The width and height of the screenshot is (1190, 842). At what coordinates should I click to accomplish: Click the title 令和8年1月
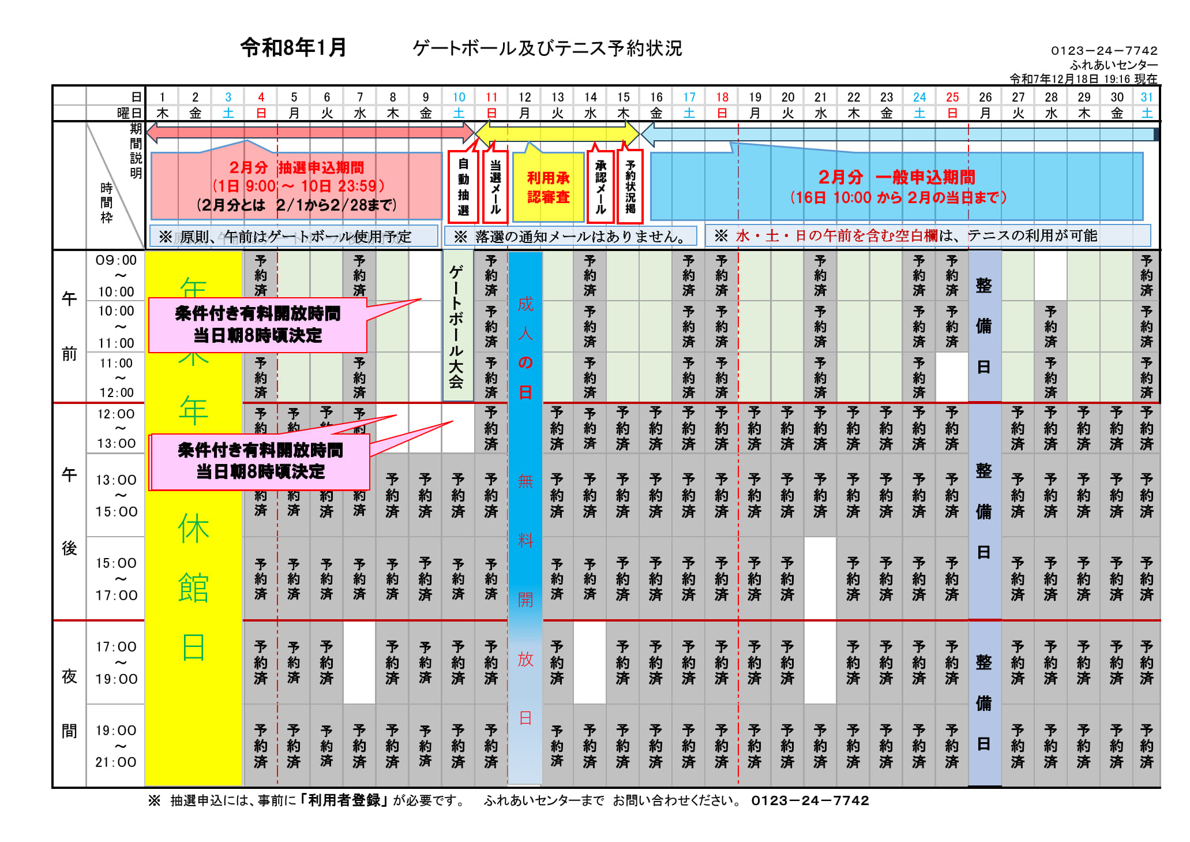[x=293, y=47]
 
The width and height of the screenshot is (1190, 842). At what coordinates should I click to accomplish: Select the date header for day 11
[x=491, y=97]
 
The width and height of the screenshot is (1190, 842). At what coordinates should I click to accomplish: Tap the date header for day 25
[x=952, y=97]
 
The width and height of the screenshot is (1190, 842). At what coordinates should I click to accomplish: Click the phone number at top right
[x=1104, y=51]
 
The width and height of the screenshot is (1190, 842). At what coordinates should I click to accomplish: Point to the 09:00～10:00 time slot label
[x=117, y=276]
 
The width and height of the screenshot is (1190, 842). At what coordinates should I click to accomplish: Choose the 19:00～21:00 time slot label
[x=117, y=746]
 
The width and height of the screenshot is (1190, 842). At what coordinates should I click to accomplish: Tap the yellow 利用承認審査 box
[x=548, y=188]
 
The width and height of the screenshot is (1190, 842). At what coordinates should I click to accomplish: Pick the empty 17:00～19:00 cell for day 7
[x=359, y=663]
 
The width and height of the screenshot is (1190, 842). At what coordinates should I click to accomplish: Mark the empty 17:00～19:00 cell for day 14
[x=590, y=663]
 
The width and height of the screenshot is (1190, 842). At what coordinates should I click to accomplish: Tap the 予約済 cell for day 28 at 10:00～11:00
[x=1051, y=327]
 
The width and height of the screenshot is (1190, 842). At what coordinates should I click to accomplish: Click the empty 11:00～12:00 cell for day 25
[x=952, y=377]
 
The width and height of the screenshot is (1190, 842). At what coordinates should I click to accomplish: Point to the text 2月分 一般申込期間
[x=896, y=177]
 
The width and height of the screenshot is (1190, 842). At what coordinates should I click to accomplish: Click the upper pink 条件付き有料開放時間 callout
[x=258, y=324]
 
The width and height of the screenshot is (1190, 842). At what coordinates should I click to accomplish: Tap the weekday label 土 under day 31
[x=1147, y=113]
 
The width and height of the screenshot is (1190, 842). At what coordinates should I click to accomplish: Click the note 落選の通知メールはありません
[x=570, y=236]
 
